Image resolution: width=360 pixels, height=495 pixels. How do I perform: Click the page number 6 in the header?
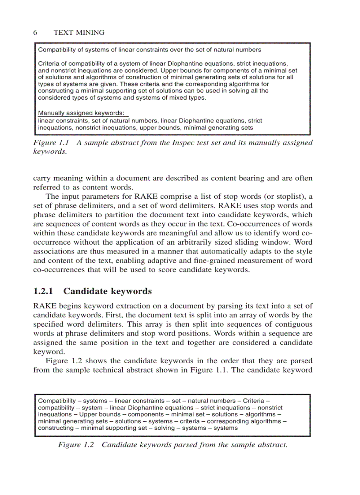click(x=35, y=33)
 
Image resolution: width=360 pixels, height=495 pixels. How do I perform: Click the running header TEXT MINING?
click(x=79, y=33)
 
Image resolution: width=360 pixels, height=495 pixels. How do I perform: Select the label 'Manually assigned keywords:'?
click(x=81, y=113)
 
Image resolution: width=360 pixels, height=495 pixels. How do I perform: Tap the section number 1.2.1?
click(x=43, y=291)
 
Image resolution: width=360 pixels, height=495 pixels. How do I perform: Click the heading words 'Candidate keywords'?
click(x=108, y=291)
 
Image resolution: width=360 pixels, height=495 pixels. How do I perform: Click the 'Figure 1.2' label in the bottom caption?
click(x=76, y=445)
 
